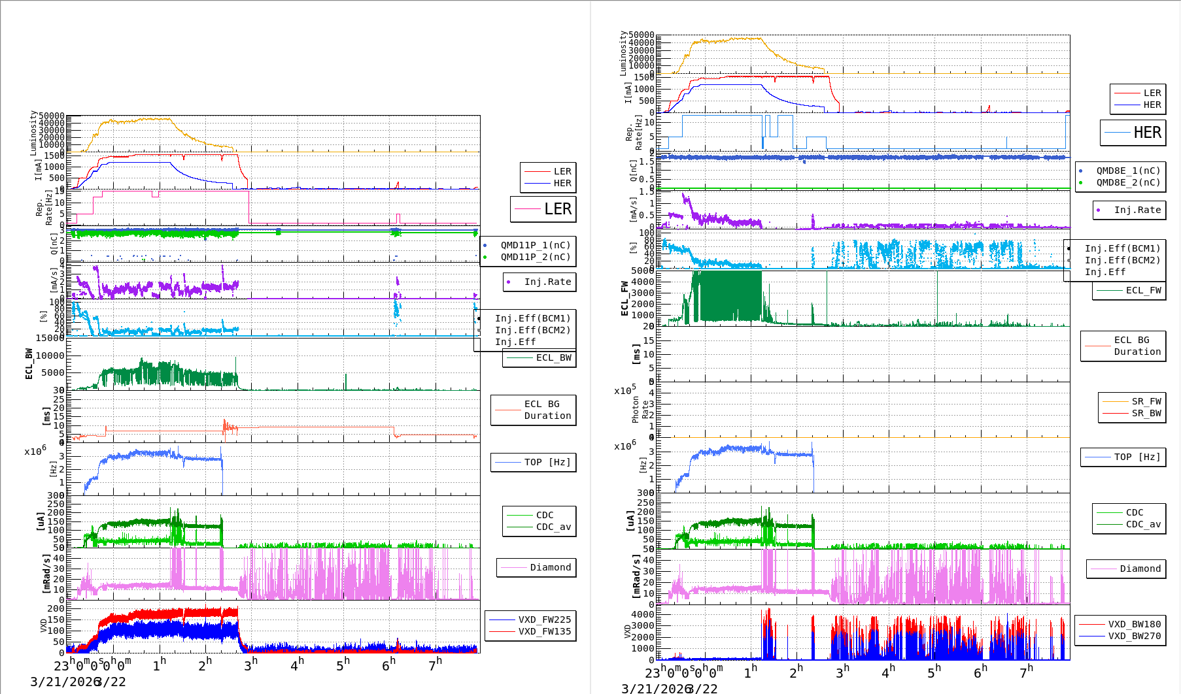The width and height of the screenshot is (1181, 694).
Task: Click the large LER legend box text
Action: click(557, 209)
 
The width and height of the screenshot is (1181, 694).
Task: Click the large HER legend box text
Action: click(1147, 133)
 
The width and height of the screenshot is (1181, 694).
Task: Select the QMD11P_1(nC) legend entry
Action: click(535, 245)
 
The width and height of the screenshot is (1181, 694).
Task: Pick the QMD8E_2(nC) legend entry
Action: click(1128, 182)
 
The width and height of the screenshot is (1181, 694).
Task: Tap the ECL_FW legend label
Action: click(1143, 290)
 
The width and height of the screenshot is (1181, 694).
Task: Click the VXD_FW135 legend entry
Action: click(544, 631)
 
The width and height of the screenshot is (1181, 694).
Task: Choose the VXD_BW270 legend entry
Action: click(1134, 636)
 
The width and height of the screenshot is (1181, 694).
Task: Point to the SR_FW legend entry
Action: click(1146, 401)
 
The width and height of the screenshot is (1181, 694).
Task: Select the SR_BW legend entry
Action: click(1146, 413)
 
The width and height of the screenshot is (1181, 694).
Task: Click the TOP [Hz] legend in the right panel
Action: click(1137, 457)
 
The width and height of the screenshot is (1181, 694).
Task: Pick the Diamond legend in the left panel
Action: click(550, 567)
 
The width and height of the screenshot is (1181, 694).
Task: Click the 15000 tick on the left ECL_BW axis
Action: click(50, 338)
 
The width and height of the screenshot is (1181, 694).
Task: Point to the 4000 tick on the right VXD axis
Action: click(642, 614)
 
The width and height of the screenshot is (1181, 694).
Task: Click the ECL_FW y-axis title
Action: click(625, 299)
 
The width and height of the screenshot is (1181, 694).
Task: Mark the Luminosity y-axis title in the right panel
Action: click(623, 53)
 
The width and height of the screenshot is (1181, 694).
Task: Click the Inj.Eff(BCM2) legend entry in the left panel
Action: click(532, 330)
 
